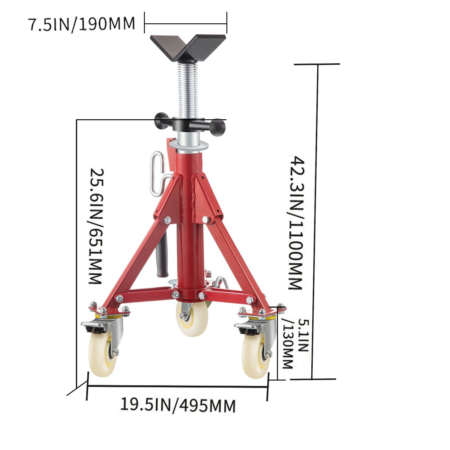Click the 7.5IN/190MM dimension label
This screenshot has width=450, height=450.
(x=82, y=24)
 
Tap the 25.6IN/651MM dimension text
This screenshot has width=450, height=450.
(x=96, y=226)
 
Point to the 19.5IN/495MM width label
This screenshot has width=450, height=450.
(x=178, y=405)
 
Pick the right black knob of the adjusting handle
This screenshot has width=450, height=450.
(x=218, y=128)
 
